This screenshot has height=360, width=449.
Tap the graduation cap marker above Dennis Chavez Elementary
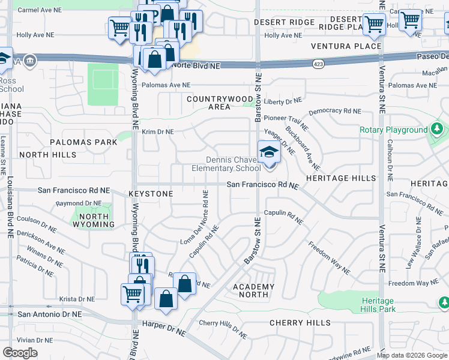coord(269,152)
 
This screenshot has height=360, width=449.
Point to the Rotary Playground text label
coord(393,130)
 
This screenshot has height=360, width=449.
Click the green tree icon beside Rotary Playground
coord(437,129)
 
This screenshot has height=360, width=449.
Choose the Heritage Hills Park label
coord(379,305)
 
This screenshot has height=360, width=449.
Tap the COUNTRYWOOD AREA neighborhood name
coord(220,103)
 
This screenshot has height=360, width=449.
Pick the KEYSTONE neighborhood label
coord(151,194)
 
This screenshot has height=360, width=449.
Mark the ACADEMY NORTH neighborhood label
coord(253,290)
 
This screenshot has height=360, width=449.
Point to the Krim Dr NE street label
coord(157,131)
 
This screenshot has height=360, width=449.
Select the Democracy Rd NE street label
coord(335,112)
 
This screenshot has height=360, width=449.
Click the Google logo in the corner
coord(20,352)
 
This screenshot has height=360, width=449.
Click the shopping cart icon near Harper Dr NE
coord(132,293)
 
